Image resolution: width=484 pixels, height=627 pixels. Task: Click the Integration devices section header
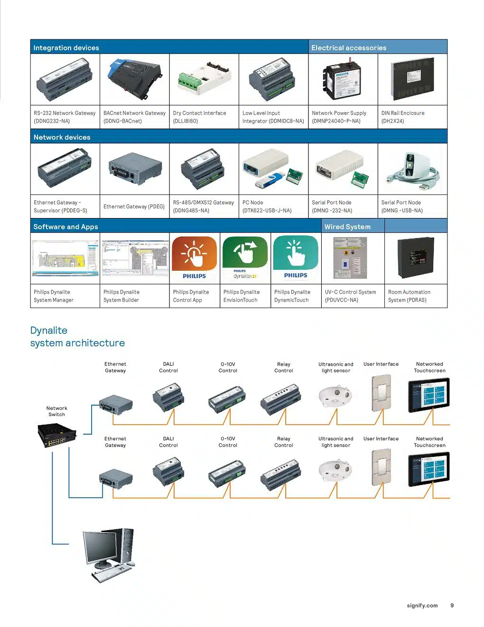(x=66, y=47)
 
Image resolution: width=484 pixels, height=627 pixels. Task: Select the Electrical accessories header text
(x=348, y=47)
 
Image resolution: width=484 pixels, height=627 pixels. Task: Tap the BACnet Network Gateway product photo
(x=134, y=78)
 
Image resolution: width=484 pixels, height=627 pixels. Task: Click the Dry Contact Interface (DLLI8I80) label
(x=199, y=117)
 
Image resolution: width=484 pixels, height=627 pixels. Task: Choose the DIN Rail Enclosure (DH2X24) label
(x=402, y=117)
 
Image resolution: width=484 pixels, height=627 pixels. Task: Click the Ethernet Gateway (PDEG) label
(x=134, y=207)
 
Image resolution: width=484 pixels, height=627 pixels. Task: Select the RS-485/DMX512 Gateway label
(x=203, y=206)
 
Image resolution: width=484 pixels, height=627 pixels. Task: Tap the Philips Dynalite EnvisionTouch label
(x=242, y=296)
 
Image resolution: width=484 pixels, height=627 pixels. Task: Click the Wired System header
(x=347, y=227)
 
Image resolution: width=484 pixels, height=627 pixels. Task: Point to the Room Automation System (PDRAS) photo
(x=416, y=258)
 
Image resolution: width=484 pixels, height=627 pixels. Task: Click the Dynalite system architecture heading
(x=77, y=337)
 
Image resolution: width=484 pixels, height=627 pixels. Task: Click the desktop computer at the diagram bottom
(x=109, y=554)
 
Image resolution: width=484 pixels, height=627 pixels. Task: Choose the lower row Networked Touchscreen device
(x=429, y=469)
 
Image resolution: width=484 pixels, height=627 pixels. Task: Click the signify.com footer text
(x=422, y=605)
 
